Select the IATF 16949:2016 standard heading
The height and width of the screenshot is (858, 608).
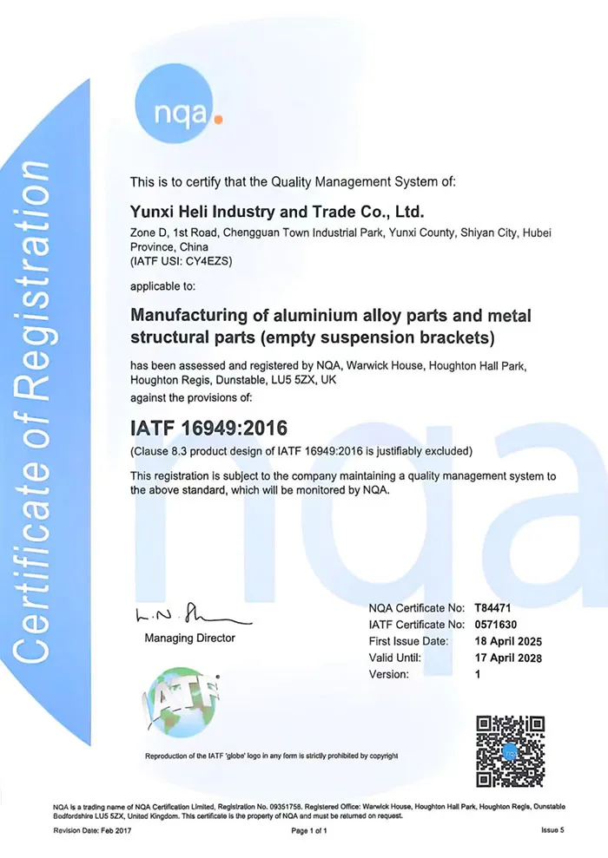point(208,428)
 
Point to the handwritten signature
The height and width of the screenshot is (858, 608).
point(191,617)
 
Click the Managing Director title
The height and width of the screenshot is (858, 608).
point(189,638)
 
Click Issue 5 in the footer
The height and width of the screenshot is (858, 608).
point(552,830)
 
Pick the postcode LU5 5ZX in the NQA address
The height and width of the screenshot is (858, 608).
point(290,380)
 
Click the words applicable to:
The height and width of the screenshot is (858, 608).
point(162,285)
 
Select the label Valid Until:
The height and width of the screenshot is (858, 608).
point(395,658)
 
